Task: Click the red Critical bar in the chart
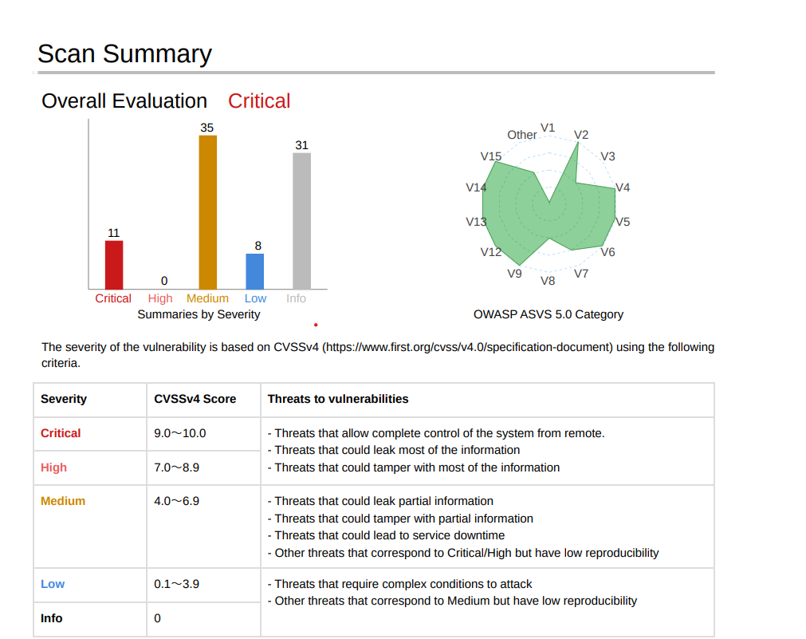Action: (x=114, y=265)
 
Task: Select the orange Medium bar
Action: (x=207, y=212)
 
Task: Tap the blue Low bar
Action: (x=255, y=272)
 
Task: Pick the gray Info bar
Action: (x=301, y=221)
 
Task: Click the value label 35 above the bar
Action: (x=207, y=128)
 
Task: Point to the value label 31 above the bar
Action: (x=301, y=145)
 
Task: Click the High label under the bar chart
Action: (x=160, y=298)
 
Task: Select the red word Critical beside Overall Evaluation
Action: (x=259, y=101)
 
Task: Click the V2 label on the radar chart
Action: (x=581, y=135)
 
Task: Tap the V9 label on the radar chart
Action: (x=514, y=274)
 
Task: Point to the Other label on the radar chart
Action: (x=522, y=135)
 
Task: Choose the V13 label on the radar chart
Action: (x=476, y=222)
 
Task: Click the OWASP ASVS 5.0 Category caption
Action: (x=548, y=314)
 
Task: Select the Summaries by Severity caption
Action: (x=199, y=314)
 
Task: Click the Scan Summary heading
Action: (x=125, y=53)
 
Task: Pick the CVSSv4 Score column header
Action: (x=195, y=399)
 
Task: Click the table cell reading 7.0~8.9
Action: (x=177, y=467)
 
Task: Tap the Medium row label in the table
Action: (x=63, y=501)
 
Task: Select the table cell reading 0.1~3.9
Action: (x=177, y=585)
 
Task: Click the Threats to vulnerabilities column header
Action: (x=338, y=399)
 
